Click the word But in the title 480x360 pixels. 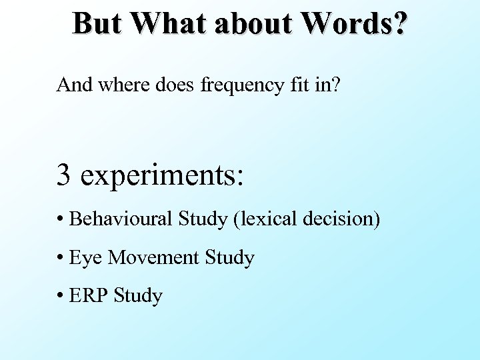pos(97,23)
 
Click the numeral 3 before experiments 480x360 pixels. pos(64,175)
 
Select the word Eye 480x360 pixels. pos(85,258)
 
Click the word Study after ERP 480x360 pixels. pos(138,296)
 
